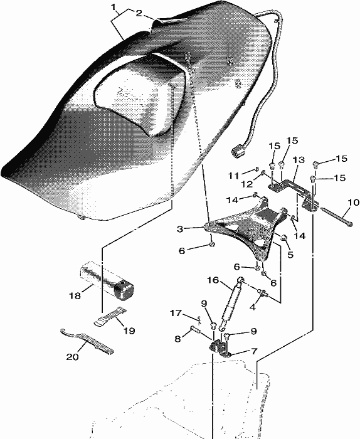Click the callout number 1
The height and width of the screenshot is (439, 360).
point(114,7)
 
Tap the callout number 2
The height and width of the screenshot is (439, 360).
point(139,13)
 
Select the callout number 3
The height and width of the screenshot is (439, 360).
point(180,229)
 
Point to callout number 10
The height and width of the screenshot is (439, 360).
point(354,202)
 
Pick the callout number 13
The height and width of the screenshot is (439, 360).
point(299,160)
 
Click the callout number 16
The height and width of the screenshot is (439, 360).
point(213,280)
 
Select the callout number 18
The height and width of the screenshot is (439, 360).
point(75,295)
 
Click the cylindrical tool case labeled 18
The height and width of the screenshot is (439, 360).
point(107,280)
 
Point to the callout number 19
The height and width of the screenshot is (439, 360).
point(129,331)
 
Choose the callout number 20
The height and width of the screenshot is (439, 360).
point(72,357)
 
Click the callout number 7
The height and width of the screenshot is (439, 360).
point(254,351)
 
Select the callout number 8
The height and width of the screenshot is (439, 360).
point(177,339)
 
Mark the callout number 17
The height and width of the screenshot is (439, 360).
point(176,313)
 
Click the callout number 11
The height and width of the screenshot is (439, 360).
point(233,176)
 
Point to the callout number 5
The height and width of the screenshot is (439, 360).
point(290,255)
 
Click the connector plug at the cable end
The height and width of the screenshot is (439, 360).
point(237,152)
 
